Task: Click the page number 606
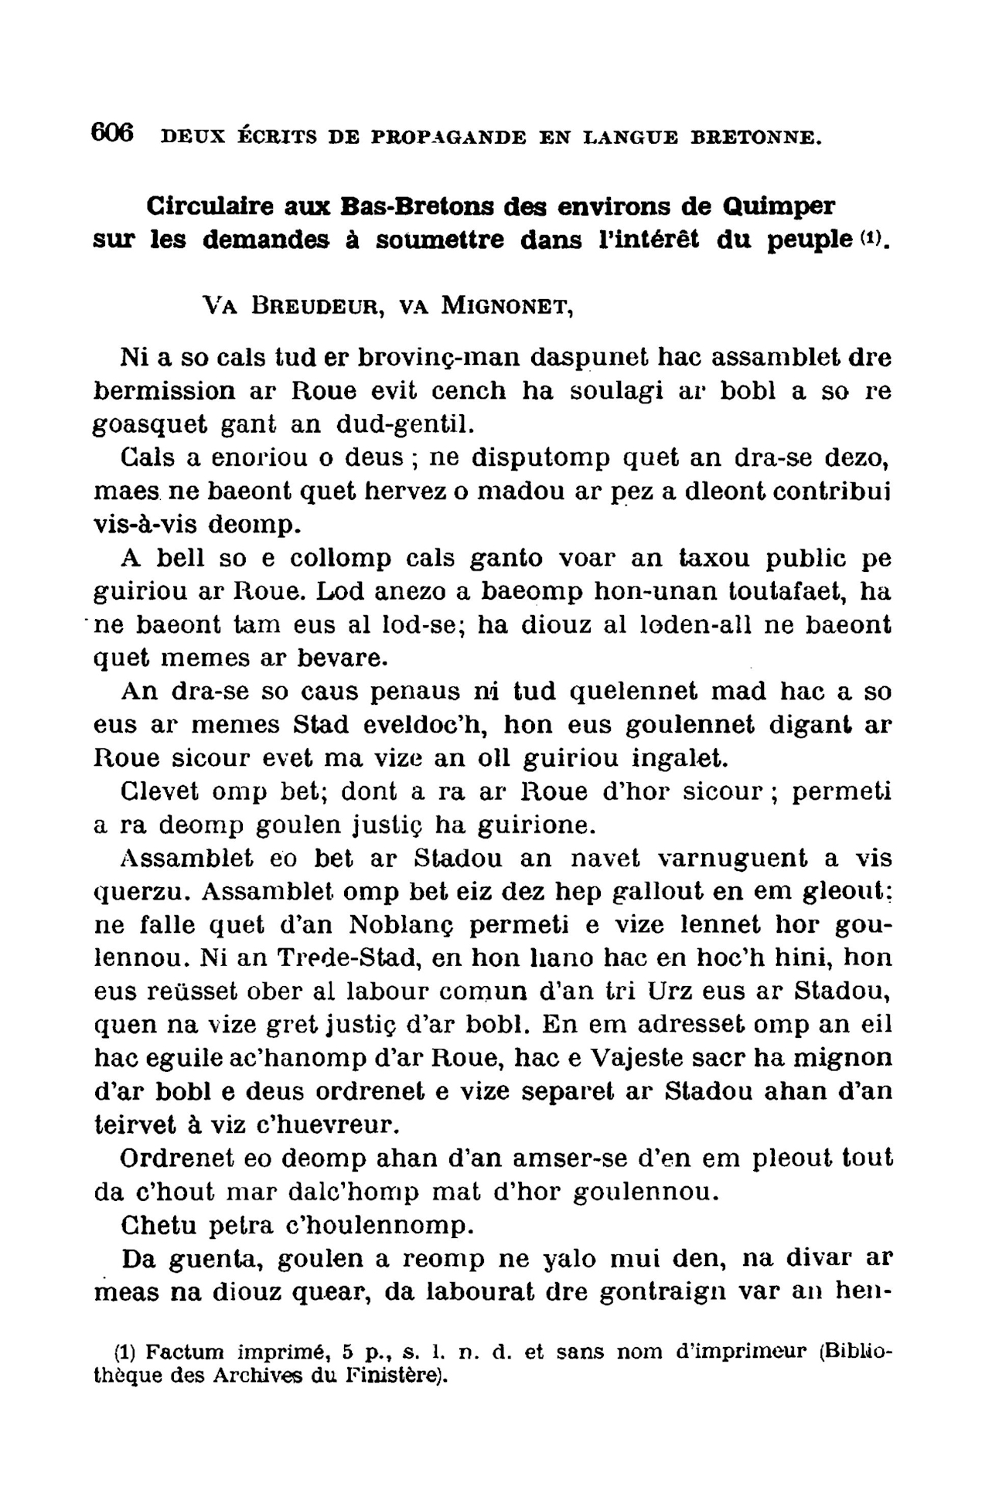(113, 133)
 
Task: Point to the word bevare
(343, 658)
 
